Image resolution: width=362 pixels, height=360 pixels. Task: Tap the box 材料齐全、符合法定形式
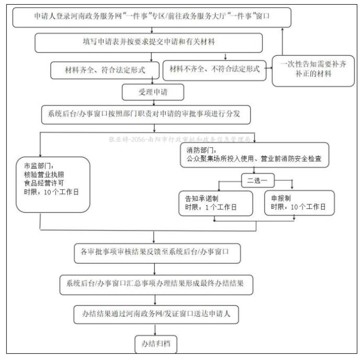[101, 69]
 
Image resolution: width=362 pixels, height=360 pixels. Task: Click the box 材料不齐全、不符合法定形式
[214, 69]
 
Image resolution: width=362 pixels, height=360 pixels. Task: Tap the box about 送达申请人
[156, 315]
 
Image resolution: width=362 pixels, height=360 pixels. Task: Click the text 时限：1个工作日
[208, 207]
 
